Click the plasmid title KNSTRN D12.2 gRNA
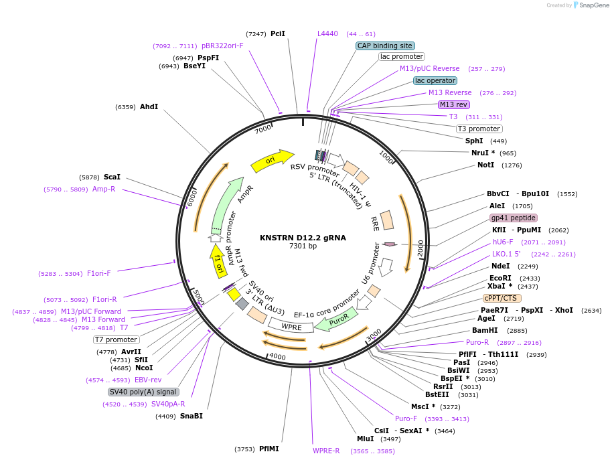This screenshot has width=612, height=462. coord(303,237)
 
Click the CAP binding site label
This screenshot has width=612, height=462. coord(385,46)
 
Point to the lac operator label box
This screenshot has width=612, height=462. coord(435,80)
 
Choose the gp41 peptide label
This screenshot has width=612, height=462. coord(514,218)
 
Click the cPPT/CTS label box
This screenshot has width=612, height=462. coord(502,298)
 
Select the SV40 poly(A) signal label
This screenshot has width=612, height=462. coord(143,392)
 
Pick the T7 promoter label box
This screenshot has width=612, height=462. coord(117,339)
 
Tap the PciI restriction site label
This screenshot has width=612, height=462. coord(278,33)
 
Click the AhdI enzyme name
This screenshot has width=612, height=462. coord(149,106)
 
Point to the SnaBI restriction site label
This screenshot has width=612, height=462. coord(192,416)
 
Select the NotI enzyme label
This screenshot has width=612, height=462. coord(485,165)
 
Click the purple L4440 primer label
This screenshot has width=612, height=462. coord(327,33)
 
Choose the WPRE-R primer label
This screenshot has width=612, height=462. coord(326,451)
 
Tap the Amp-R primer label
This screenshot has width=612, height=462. coord(104,189)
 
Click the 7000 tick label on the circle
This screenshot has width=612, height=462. coord(263,128)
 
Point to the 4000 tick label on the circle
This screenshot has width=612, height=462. coord(277,357)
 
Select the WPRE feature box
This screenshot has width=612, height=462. coord(292,327)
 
